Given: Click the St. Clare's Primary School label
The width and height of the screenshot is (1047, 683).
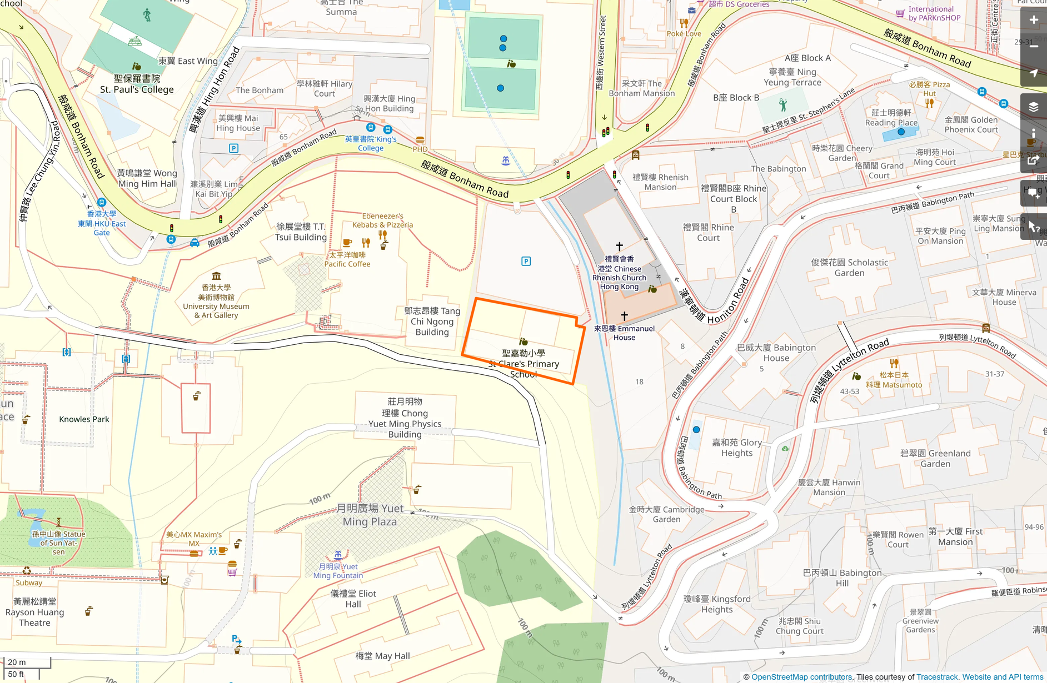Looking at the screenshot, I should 523,364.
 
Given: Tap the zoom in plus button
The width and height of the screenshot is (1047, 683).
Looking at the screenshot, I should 1033,20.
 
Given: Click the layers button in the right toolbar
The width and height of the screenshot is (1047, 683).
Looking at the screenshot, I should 1033,107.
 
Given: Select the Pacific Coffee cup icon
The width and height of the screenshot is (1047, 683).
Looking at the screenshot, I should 347,243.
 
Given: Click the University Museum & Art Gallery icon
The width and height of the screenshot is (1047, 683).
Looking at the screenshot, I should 216,276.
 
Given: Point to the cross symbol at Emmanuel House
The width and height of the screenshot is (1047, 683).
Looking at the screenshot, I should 624,316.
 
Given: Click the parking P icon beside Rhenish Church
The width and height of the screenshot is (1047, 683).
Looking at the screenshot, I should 526,261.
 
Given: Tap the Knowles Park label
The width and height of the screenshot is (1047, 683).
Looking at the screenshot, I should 84,419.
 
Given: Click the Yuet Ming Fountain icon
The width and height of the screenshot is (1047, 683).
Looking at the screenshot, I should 338,555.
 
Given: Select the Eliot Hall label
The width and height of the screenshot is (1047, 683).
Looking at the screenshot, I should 353,599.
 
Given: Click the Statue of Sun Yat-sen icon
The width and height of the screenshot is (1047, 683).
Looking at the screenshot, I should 58,522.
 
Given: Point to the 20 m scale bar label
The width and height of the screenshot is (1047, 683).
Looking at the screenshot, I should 17,662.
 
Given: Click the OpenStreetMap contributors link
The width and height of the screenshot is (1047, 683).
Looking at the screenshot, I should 801,677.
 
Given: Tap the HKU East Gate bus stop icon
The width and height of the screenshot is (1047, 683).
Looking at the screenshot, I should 101,203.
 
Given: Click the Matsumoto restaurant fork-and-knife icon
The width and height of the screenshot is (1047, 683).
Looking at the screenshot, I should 894,364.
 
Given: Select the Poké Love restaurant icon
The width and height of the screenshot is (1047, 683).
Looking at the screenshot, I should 684,23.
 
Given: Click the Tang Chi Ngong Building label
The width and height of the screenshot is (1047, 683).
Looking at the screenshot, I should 432,322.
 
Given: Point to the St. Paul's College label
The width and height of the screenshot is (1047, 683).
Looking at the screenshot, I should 137,84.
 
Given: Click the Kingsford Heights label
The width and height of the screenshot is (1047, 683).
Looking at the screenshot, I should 717,604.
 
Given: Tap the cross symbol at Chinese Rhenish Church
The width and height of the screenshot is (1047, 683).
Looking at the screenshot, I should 619,246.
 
